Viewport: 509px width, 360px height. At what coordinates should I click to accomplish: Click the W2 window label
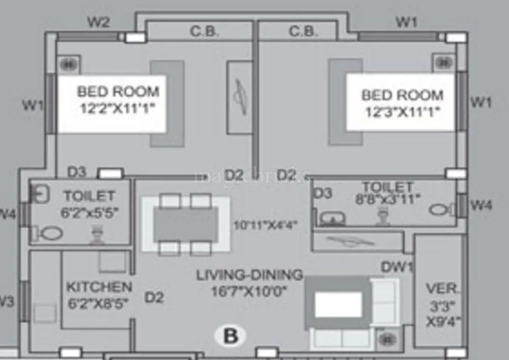tap(98, 22)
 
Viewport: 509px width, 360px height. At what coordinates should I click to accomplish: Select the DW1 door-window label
tap(397, 267)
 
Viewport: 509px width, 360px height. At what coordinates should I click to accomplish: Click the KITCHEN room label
tap(99, 287)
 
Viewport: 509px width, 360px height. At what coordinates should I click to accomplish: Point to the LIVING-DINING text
tap(249, 275)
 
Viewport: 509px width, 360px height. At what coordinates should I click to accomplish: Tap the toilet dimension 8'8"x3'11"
tap(387, 197)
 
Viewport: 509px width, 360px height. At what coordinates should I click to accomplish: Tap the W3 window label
tap(6, 301)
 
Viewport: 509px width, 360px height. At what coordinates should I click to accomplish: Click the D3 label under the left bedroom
tap(76, 172)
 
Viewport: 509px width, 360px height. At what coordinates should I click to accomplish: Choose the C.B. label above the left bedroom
tap(204, 32)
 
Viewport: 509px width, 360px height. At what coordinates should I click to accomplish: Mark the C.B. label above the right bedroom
tap(303, 32)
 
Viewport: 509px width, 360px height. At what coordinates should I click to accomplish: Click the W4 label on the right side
tap(481, 205)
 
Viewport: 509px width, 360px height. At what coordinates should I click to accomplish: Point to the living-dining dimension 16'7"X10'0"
tap(249, 291)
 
